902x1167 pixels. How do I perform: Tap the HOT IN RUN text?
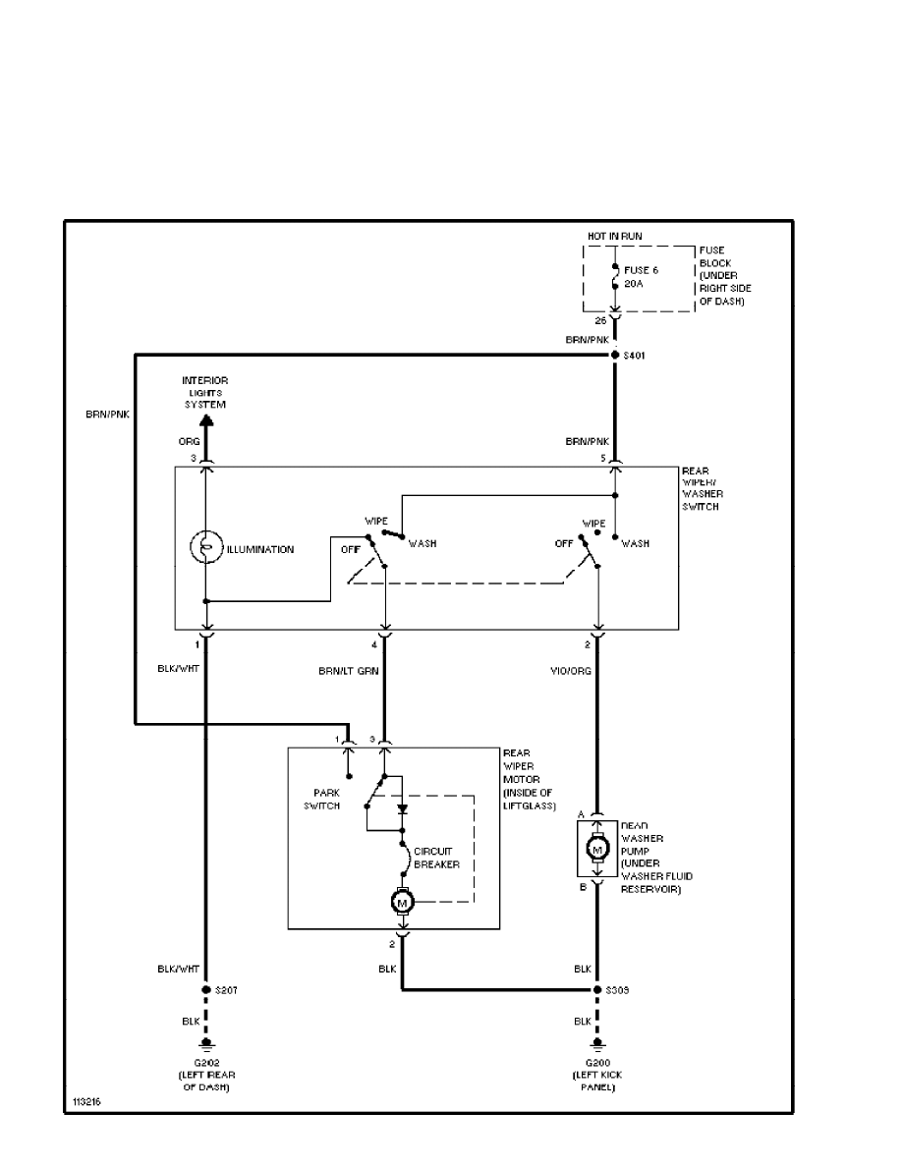[x=615, y=238]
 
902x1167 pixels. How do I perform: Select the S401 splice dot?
[x=614, y=355]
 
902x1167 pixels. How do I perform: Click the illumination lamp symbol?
[x=206, y=549]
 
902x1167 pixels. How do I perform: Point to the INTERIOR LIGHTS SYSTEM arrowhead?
[x=206, y=418]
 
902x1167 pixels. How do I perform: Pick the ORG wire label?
[x=189, y=442]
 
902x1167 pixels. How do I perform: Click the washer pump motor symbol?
[x=596, y=847]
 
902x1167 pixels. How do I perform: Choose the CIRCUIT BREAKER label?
[x=436, y=858]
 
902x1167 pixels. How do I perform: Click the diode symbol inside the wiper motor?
[x=402, y=810]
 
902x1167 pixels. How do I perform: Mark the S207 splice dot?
[x=206, y=990]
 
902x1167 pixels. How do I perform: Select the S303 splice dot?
[x=596, y=990]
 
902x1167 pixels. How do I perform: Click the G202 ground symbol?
[x=206, y=1044]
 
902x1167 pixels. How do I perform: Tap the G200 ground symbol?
[x=596, y=1044]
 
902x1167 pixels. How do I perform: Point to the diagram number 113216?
[x=85, y=1101]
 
